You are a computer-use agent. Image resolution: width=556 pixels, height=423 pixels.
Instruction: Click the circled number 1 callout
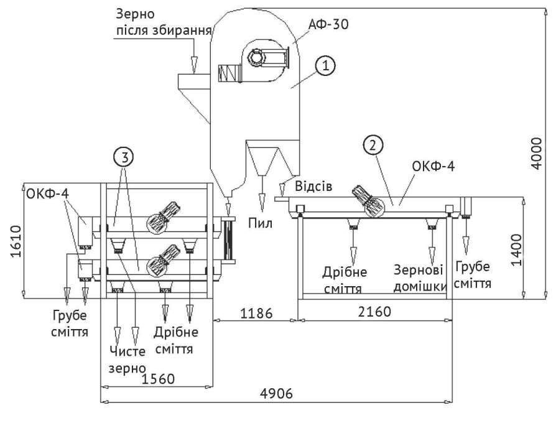[326, 64]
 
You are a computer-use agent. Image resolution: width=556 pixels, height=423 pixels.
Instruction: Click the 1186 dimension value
[256, 313]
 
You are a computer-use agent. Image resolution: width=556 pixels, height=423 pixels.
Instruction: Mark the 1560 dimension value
[159, 378]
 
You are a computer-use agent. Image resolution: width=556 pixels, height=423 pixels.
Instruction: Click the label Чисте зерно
[128, 358]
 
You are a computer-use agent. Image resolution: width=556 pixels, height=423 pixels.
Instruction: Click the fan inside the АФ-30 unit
[257, 58]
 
